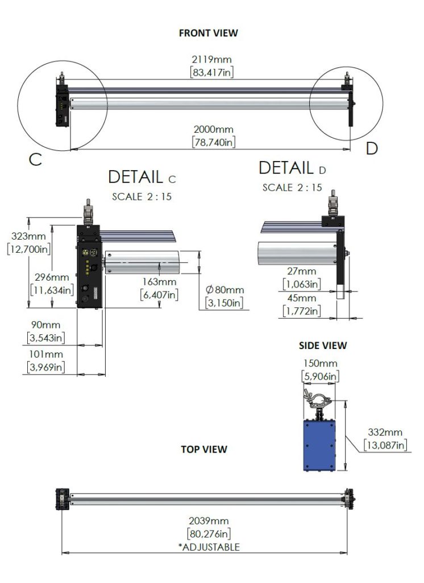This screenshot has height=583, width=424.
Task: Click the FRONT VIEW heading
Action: [208, 33]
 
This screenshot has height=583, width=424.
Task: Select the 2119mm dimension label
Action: [212, 59]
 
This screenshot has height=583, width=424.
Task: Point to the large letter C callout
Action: [35, 159]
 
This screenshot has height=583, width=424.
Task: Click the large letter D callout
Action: [372, 149]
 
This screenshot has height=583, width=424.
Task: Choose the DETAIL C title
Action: [142, 177]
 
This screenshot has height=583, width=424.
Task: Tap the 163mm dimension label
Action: [159, 282]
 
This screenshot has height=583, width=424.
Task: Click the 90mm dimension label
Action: [45, 325]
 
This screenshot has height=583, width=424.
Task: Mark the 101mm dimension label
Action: [45, 354]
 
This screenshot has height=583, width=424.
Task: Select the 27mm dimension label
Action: [301, 272]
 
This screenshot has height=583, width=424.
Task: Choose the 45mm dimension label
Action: [301, 298]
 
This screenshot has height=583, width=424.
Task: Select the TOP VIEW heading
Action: [204, 449]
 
